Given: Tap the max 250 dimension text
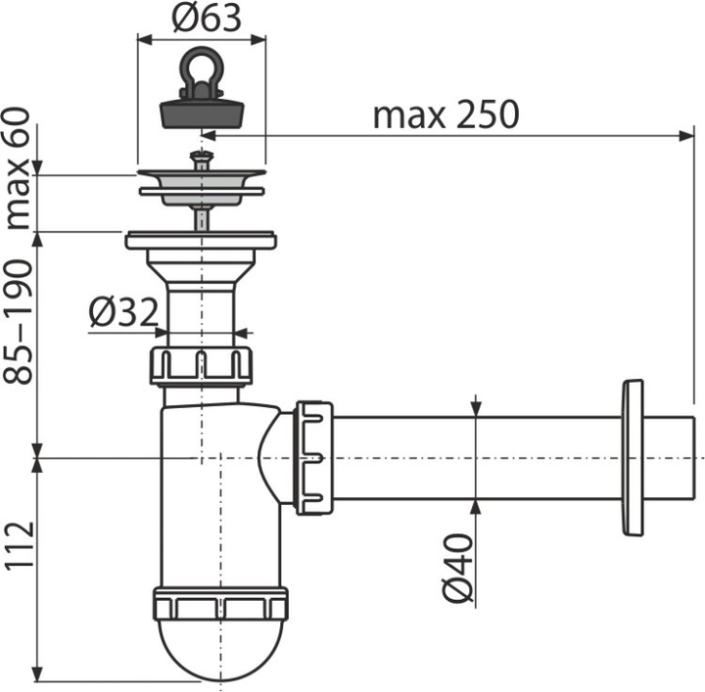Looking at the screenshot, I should [x=445, y=115].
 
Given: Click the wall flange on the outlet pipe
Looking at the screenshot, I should [x=632, y=457].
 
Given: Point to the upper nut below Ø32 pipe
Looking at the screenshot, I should [x=202, y=364].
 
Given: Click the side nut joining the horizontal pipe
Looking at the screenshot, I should [x=314, y=456].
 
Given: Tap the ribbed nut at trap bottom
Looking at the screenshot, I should [x=221, y=604].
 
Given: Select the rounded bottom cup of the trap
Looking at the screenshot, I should [x=221, y=651].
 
